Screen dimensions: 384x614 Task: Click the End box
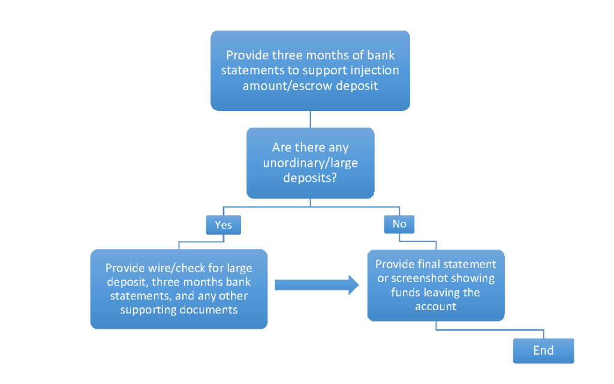[x=543, y=350]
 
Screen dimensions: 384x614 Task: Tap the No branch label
[x=399, y=224]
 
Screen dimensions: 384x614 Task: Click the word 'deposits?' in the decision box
[x=310, y=178]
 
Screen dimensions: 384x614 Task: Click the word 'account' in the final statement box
[x=436, y=306]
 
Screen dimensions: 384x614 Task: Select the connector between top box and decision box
[x=310, y=119]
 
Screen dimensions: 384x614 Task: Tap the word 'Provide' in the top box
[x=248, y=55]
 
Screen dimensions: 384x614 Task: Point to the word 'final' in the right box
[x=431, y=264]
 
